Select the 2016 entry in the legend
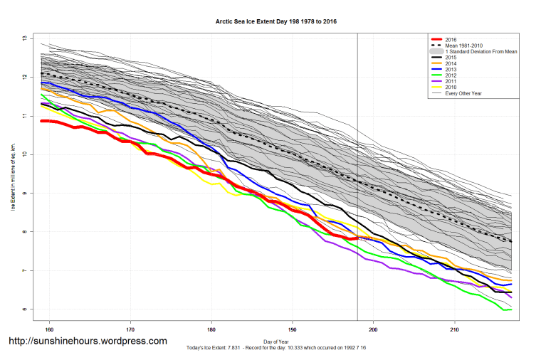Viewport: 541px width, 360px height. tap(451, 38)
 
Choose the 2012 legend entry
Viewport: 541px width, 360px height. tap(451, 75)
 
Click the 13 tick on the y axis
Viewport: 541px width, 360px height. tap(24, 38)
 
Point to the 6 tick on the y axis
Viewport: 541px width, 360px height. tap(24, 309)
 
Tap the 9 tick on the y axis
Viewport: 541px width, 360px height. tap(24, 193)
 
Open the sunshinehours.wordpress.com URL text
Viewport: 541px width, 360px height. tap(88, 341)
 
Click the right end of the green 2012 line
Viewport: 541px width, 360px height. tap(510, 309)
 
